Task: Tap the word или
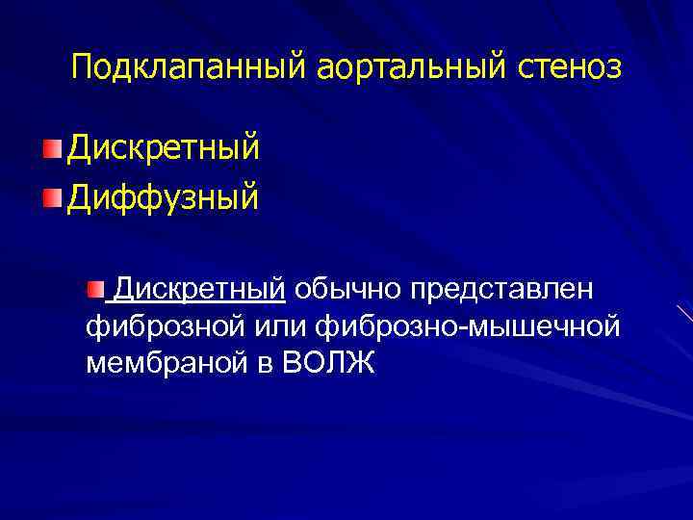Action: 280,326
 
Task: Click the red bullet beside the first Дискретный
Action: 51,148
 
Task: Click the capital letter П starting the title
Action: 83,67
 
